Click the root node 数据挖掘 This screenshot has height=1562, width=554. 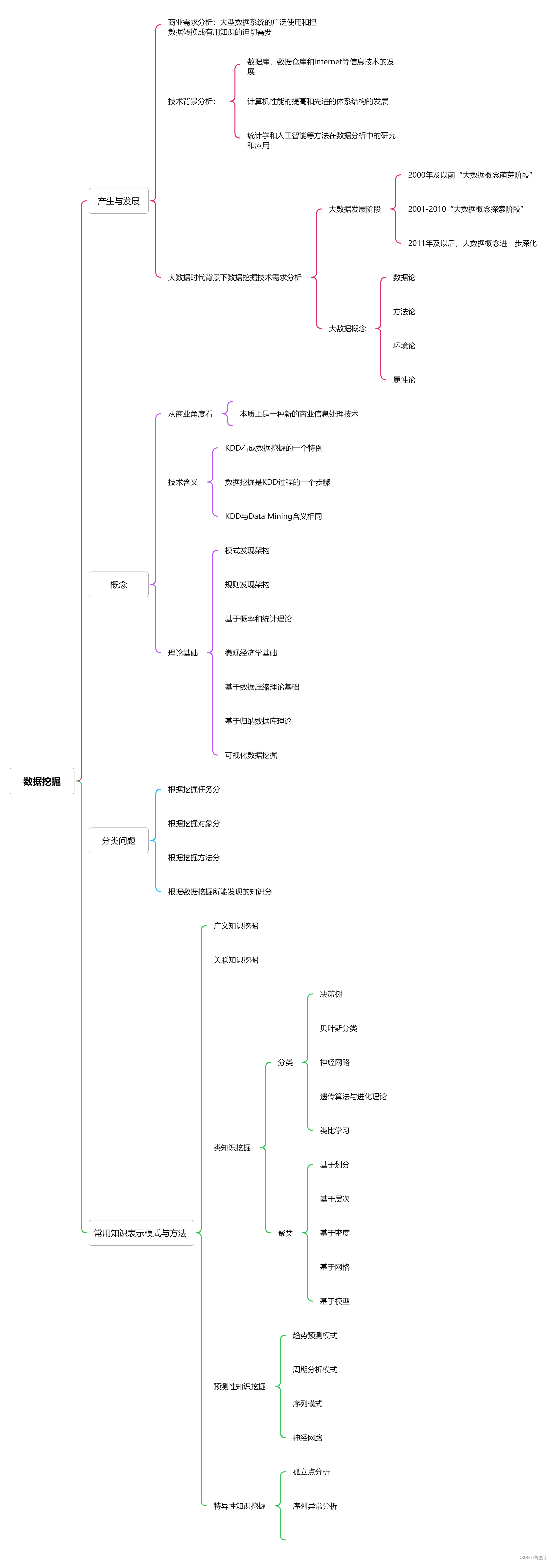point(42,781)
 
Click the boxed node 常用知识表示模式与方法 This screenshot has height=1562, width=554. point(141,1233)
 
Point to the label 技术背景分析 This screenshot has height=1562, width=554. point(191,101)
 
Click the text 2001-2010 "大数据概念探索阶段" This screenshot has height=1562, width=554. point(465,209)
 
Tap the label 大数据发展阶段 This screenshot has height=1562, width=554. point(355,209)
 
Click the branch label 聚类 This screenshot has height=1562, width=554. point(285,1233)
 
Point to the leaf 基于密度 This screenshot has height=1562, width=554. point(335,1233)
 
